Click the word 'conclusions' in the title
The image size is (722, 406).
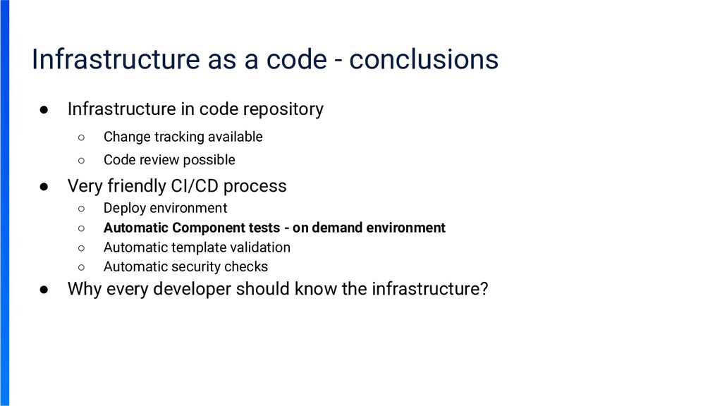click(x=423, y=59)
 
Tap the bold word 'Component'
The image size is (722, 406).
click(x=207, y=228)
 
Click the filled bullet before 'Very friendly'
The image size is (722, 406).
click(x=44, y=187)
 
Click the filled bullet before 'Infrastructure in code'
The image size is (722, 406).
click(x=44, y=110)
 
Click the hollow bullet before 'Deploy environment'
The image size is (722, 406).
click(x=82, y=209)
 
